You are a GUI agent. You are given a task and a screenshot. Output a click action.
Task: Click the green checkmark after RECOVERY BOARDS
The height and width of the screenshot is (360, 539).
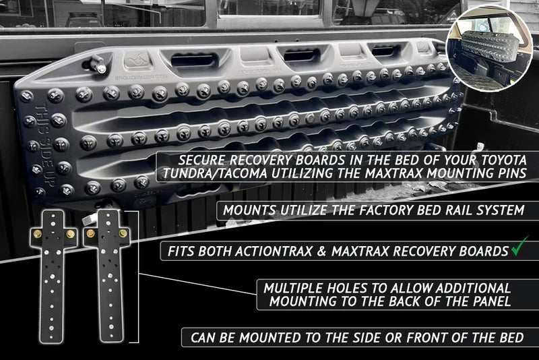pos(519,246)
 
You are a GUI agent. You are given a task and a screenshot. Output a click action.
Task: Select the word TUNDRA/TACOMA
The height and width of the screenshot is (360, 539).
pos(216,173)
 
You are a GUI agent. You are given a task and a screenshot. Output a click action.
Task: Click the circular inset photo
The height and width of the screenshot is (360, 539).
pos(490,49)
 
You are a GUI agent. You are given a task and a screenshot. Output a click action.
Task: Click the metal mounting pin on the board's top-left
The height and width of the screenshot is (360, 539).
pos(96,64)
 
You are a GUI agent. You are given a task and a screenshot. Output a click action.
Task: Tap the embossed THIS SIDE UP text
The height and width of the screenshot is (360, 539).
pos(44,145)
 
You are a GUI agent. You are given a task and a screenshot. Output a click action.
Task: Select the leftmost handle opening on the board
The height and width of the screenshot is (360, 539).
pos(193,61)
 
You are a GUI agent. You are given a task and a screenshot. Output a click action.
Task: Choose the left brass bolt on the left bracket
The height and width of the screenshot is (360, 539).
pos(37,235)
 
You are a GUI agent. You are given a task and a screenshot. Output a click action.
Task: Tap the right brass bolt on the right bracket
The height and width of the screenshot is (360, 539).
pos(123,234)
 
